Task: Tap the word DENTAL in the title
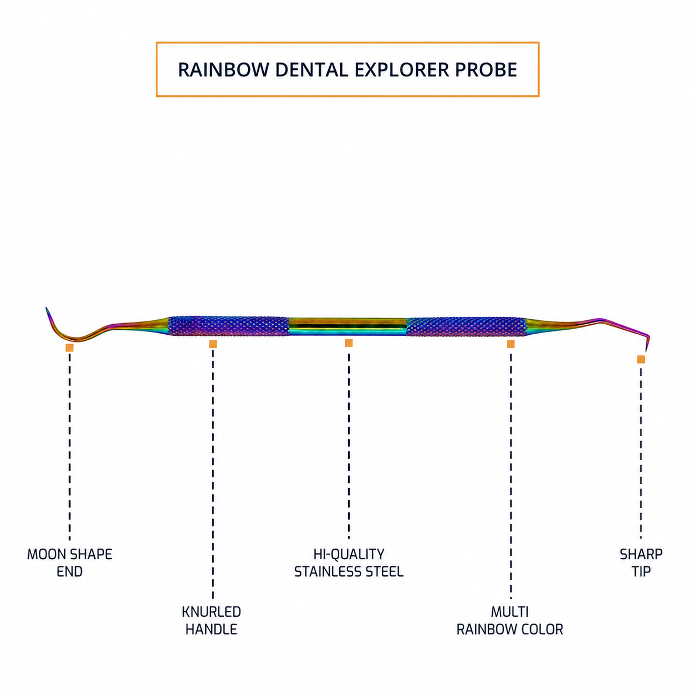312,70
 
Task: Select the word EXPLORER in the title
402,70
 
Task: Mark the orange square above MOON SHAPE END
70,347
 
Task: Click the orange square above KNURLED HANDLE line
213,344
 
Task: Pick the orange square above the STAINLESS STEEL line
349,343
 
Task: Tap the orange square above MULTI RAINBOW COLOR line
510,344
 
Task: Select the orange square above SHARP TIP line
641,359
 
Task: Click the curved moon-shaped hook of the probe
72,339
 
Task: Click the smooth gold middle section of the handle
347,326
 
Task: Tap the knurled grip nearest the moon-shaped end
229,326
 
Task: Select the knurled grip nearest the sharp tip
466,327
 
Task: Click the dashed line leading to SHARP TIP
641,453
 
